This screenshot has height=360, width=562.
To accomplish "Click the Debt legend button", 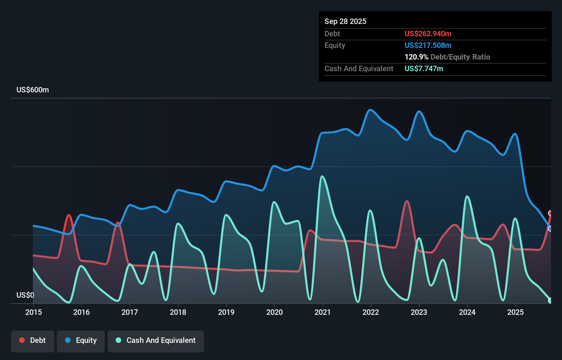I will pyautogui.click(x=33, y=341).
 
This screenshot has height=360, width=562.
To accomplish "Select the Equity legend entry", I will pyautogui.click(x=81, y=341).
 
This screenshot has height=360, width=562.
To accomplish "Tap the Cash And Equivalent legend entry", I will pyautogui.click(x=156, y=341).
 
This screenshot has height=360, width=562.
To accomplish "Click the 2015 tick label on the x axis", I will pyautogui.click(x=34, y=312).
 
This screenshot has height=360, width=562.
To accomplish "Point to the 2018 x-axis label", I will pyautogui.click(x=178, y=312).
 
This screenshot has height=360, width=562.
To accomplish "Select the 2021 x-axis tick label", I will pyautogui.click(x=323, y=312).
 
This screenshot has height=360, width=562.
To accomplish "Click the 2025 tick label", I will pyautogui.click(x=515, y=312).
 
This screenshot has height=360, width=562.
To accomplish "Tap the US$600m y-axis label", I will pyautogui.click(x=33, y=90).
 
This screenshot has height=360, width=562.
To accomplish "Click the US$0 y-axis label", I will pyautogui.click(x=25, y=295).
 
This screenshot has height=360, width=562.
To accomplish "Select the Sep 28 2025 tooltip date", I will pyautogui.click(x=345, y=22).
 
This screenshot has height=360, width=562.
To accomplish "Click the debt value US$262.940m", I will pyautogui.click(x=428, y=34).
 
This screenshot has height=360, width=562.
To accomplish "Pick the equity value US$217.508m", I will pyautogui.click(x=428, y=46).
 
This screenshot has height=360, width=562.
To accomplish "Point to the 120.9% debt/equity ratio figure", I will pyautogui.click(x=416, y=57).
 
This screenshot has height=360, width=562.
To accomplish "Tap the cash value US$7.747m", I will pyautogui.click(x=424, y=69).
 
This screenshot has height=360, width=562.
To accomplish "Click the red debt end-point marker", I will pyautogui.click(x=550, y=213).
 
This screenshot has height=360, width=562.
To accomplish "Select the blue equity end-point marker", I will pyautogui.click(x=550, y=229).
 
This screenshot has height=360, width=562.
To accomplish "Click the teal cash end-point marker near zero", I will pyautogui.click(x=550, y=300).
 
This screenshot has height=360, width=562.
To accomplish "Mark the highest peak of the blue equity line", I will pyautogui.click(x=370, y=110).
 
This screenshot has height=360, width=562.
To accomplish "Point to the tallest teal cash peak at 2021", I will pyautogui.click(x=322, y=177).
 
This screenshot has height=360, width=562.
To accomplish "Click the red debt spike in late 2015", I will pyautogui.click(x=69, y=215).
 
